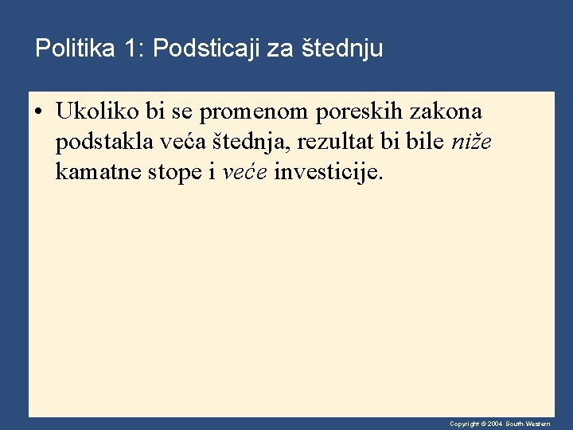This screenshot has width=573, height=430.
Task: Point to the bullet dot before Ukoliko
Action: coord(38,111)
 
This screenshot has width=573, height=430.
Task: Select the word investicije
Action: coord(327,172)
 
